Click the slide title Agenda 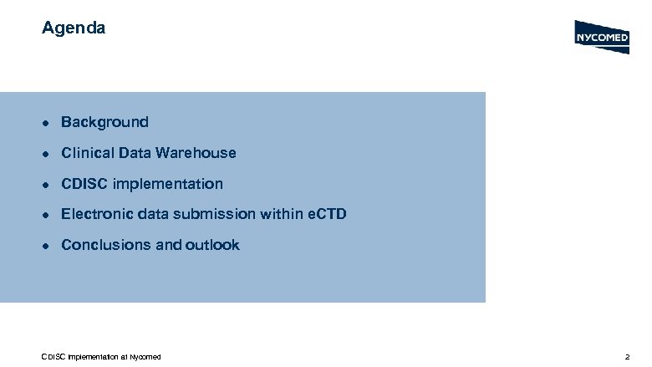click(x=74, y=28)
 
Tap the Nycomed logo click(x=601, y=38)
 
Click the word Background click(x=104, y=122)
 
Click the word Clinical click(x=88, y=153)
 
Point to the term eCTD click(x=325, y=215)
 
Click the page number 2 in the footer click(x=627, y=358)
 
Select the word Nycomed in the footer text click(x=145, y=358)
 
